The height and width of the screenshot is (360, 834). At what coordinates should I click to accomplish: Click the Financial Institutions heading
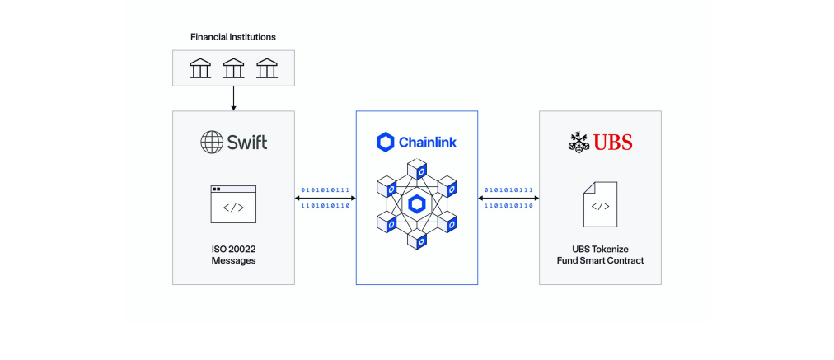click(233, 37)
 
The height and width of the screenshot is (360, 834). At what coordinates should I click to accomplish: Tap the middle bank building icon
click(233, 68)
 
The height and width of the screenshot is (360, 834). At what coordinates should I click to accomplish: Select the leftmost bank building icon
click(200, 68)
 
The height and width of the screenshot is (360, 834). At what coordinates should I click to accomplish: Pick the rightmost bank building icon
click(266, 68)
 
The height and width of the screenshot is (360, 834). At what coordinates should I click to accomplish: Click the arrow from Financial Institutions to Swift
click(233, 98)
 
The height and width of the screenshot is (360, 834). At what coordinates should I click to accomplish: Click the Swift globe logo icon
click(212, 142)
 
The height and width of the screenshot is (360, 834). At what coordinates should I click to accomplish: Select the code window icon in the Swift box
click(233, 203)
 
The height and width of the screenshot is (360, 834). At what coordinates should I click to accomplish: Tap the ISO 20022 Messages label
click(233, 255)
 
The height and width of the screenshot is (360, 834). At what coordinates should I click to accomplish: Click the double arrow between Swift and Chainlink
click(325, 198)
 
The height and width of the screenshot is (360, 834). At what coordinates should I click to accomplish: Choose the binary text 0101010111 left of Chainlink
click(325, 190)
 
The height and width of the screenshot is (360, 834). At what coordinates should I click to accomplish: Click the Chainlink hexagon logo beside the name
click(386, 143)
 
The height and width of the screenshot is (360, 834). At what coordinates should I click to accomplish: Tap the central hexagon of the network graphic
click(416, 204)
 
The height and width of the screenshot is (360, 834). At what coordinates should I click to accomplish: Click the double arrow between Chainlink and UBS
click(508, 198)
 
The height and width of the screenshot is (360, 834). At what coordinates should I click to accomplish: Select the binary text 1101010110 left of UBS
click(508, 206)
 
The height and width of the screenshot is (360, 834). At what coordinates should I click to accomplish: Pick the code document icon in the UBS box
click(600, 204)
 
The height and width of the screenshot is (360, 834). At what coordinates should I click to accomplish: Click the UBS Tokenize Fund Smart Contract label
click(600, 255)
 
